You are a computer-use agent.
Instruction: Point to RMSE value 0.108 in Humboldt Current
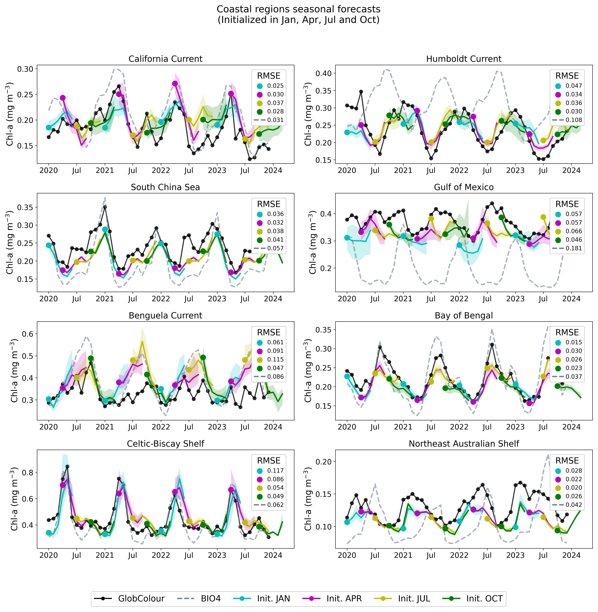(x=574, y=120)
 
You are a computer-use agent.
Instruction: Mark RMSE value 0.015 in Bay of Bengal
(x=574, y=342)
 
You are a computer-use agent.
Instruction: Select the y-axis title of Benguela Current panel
(x=14, y=371)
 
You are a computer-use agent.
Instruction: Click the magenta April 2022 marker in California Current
(x=175, y=83)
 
